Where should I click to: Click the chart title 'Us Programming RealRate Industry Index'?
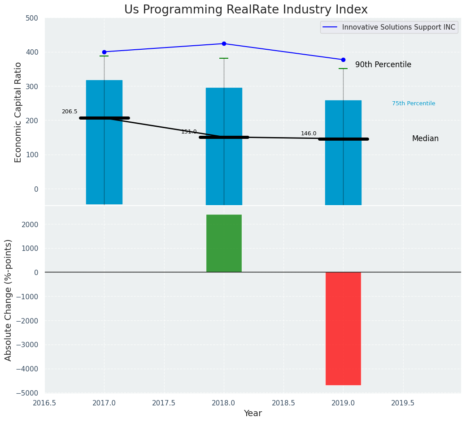click(x=246, y=10)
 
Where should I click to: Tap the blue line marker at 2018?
click(x=224, y=43)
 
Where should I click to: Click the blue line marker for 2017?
click(x=104, y=52)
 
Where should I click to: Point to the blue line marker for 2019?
click(x=343, y=60)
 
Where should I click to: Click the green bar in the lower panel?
click(x=224, y=243)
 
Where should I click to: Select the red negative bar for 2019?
click(x=343, y=328)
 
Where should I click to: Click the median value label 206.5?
click(x=70, y=112)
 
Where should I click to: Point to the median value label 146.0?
click(x=309, y=133)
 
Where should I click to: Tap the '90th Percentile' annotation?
click(x=383, y=65)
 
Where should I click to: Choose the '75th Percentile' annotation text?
click(x=414, y=103)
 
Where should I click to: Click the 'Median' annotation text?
click(x=425, y=139)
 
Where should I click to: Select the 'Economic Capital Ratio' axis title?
click(x=18, y=112)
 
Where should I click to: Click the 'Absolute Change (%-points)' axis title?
click(x=9, y=300)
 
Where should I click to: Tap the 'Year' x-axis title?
click(x=253, y=413)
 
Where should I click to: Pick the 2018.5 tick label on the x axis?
click(x=283, y=402)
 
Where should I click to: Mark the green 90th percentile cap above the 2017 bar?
click(x=104, y=56)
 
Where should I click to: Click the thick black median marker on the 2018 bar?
click(x=224, y=137)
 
